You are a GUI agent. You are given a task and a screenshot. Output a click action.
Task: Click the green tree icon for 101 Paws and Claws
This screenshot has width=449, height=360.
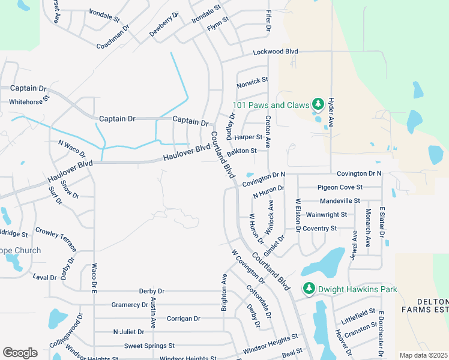(x=318, y=104)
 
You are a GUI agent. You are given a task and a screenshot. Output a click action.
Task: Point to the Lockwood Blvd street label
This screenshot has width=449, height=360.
(x=276, y=52)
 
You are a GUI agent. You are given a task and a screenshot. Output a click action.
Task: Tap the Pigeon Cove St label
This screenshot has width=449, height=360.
(x=339, y=187)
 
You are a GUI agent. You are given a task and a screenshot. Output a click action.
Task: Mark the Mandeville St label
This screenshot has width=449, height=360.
(x=339, y=201)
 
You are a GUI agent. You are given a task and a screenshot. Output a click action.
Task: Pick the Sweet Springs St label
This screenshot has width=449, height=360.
(x=149, y=346)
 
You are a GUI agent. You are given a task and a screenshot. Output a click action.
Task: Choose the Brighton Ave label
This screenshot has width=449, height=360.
(x=224, y=292)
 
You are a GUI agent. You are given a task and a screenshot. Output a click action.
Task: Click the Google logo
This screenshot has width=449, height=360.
(x=20, y=352)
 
